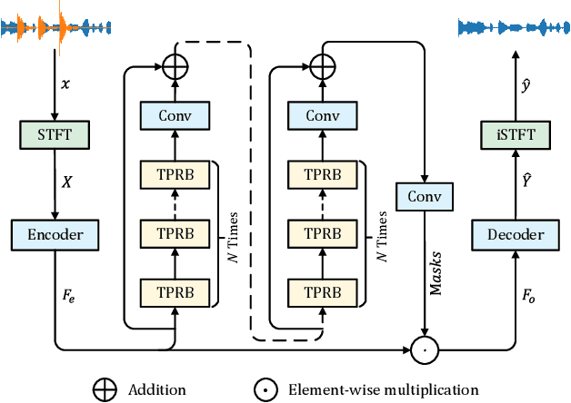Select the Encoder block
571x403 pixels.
click(55, 234)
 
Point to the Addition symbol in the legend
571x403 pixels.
click(106, 390)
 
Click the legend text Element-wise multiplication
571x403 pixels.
click(383, 390)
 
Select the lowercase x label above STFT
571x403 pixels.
click(64, 84)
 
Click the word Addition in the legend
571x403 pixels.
click(157, 390)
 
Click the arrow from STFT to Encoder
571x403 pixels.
click(55, 186)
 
